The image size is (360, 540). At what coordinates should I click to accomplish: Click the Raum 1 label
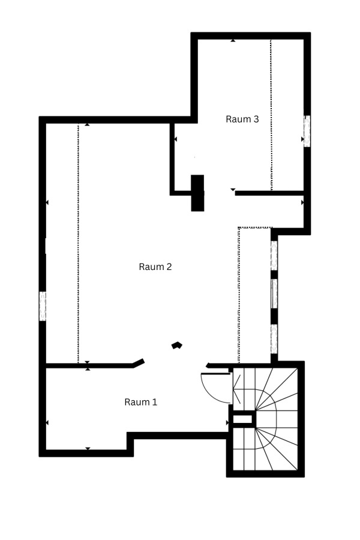coord(140,402)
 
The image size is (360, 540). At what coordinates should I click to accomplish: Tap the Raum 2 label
coord(155,266)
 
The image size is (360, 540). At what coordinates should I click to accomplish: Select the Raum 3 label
coord(242,119)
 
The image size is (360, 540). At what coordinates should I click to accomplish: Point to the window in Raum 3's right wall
coord(307,131)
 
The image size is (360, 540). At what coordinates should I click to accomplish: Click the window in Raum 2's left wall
coord(43,306)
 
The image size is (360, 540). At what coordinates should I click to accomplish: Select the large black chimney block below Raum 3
coord(198,193)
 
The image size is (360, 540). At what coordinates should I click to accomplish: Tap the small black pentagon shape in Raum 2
coord(177,345)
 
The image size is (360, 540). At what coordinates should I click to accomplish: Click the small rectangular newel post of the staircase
coord(243,419)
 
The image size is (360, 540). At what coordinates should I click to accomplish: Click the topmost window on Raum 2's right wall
coord(274,256)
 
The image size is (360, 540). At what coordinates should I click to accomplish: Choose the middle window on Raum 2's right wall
coord(274,294)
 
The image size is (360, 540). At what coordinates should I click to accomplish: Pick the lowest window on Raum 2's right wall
coord(274,339)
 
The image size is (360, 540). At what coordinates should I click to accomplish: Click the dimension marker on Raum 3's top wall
coord(233,40)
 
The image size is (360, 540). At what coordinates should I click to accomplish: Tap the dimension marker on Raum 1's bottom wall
coord(88,448)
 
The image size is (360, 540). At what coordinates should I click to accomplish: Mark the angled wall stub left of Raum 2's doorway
coord(139,363)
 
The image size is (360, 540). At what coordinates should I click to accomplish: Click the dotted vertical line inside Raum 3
coord(271,115)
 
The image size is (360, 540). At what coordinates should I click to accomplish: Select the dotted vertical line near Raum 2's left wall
coord(78,243)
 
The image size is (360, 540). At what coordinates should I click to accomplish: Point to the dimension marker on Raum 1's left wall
coord(47,422)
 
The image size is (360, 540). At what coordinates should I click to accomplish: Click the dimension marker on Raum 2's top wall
coord(87,124)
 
